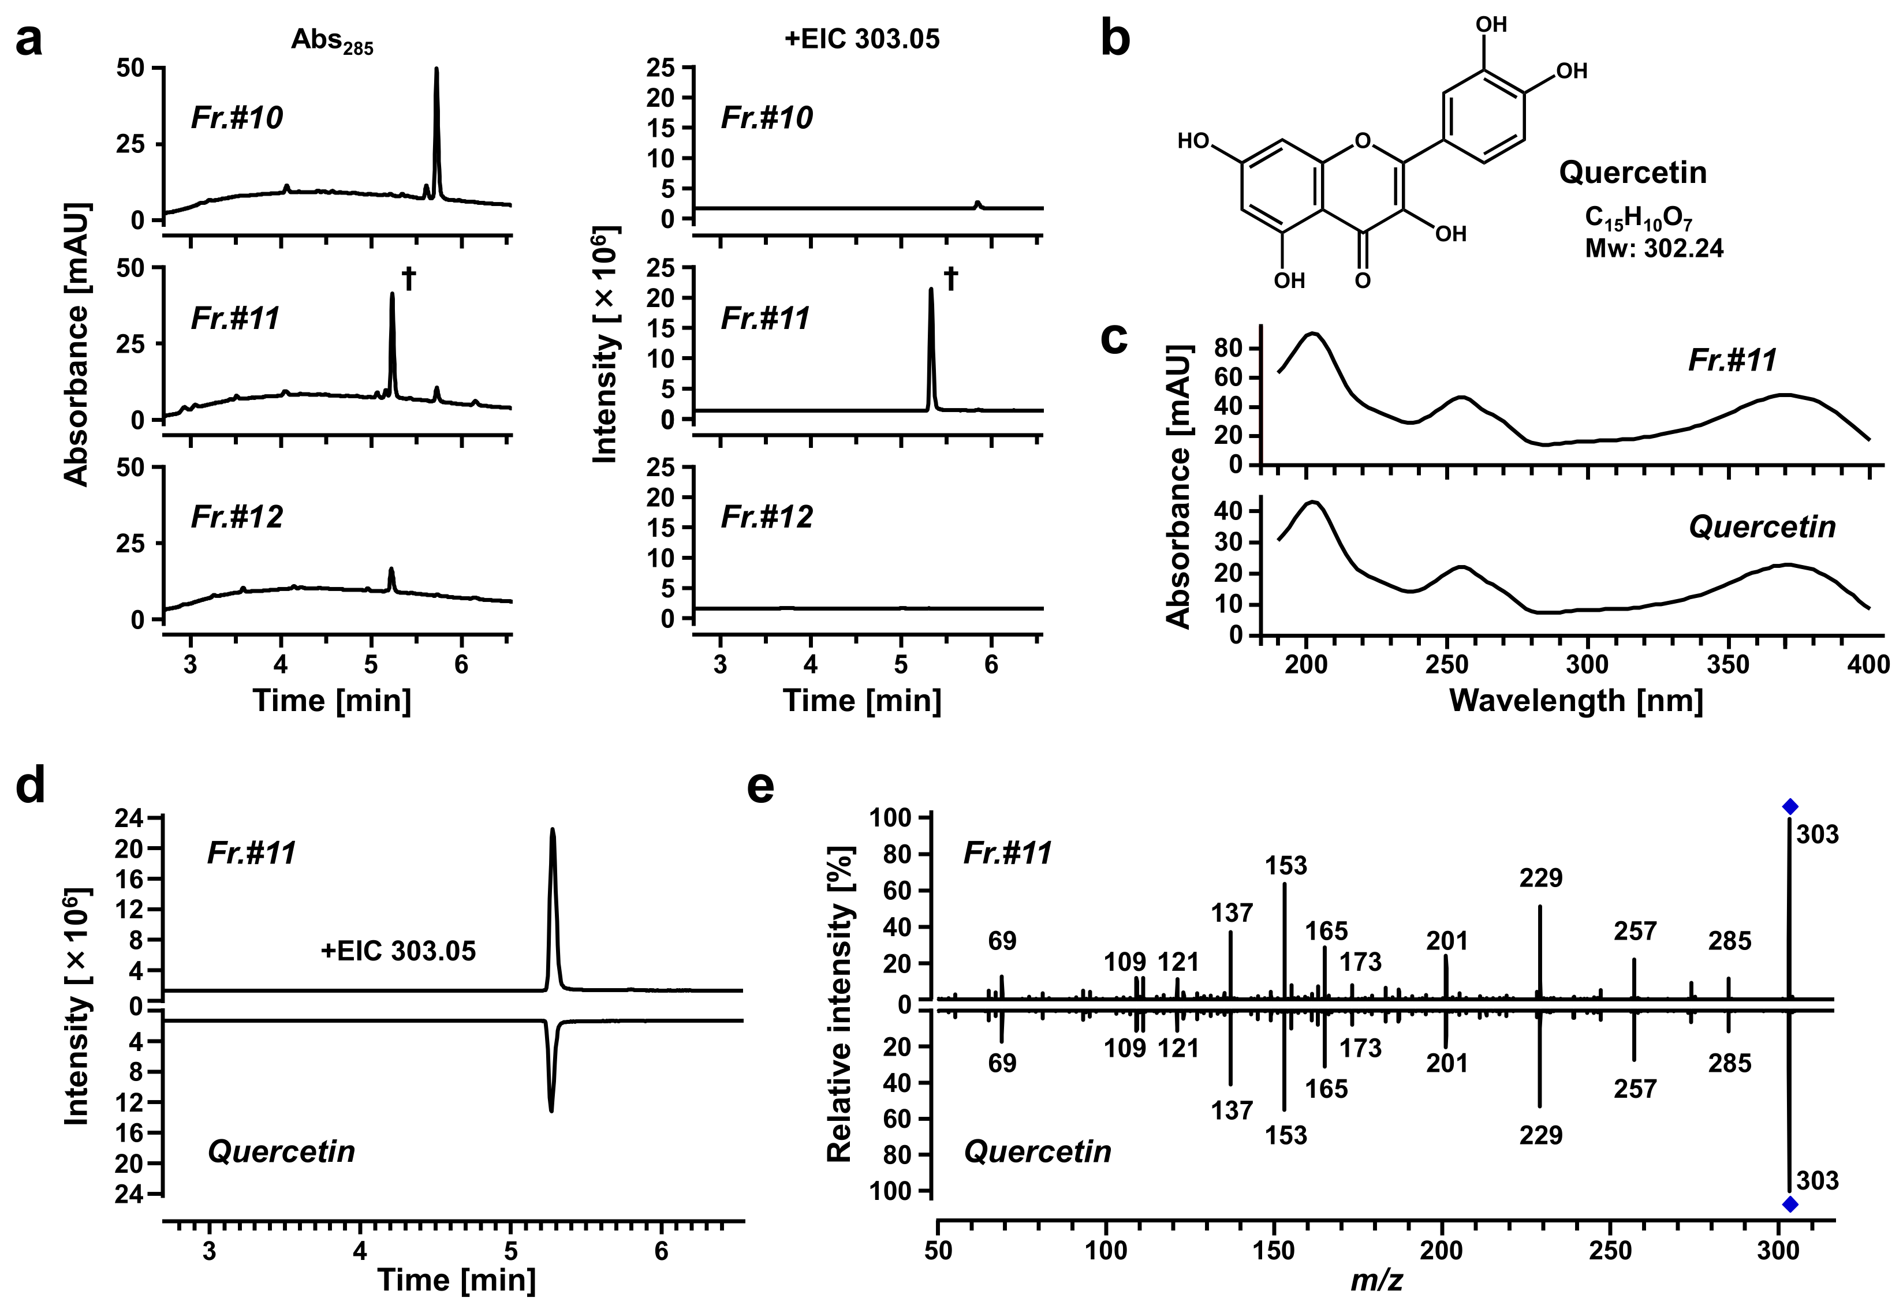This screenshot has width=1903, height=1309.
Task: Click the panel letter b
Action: click(1115, 39)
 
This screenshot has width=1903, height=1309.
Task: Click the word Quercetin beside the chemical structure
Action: click(1632, 172)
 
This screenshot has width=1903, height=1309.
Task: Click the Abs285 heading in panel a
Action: click(332, 41)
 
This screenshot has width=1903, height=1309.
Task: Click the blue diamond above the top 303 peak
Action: click(1790, 806)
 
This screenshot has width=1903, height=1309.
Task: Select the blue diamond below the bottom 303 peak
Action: click(1790, 1204)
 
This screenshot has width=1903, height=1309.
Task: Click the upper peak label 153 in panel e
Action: click(1285, 865)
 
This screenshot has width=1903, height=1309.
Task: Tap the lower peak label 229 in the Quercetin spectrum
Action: click(1540, 1135)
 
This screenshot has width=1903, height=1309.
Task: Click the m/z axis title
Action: click(1376, 1280)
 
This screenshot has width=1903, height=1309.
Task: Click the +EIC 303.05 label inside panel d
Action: click(398, 951)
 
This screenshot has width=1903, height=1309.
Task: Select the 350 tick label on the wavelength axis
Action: click(1728, 664)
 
